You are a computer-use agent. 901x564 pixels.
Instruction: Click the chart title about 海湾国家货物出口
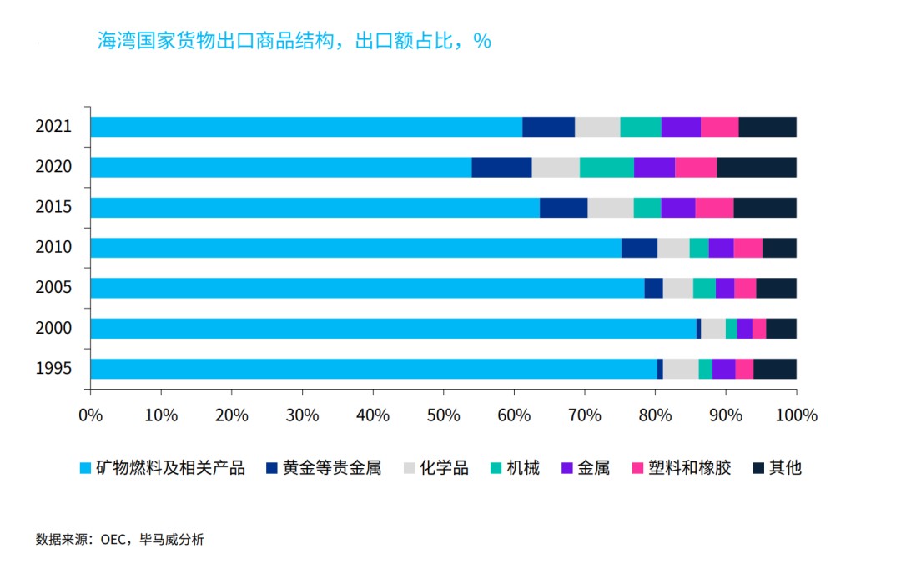pos(294,41)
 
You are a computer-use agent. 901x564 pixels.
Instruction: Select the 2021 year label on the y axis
pos(53,127)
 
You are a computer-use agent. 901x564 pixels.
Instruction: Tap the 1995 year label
pos(53,369)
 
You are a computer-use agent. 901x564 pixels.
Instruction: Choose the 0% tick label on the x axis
pos(90,415)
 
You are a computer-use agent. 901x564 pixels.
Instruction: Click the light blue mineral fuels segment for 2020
pos(280,167)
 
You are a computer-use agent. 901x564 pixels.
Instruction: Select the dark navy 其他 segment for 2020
pos(757,167)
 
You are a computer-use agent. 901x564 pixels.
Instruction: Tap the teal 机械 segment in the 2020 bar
pos(607,167)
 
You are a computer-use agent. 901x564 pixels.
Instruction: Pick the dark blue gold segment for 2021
pos(548,127)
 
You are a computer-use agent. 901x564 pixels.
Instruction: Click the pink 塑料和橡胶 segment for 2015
pos(714,208)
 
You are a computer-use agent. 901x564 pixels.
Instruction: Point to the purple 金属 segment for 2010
pos(721,248)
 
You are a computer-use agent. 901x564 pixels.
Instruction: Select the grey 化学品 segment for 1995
pos(681,369)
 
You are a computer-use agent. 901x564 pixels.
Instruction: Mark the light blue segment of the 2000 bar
pos(392,329)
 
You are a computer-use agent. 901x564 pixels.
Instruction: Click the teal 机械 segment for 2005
pos(704,288)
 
